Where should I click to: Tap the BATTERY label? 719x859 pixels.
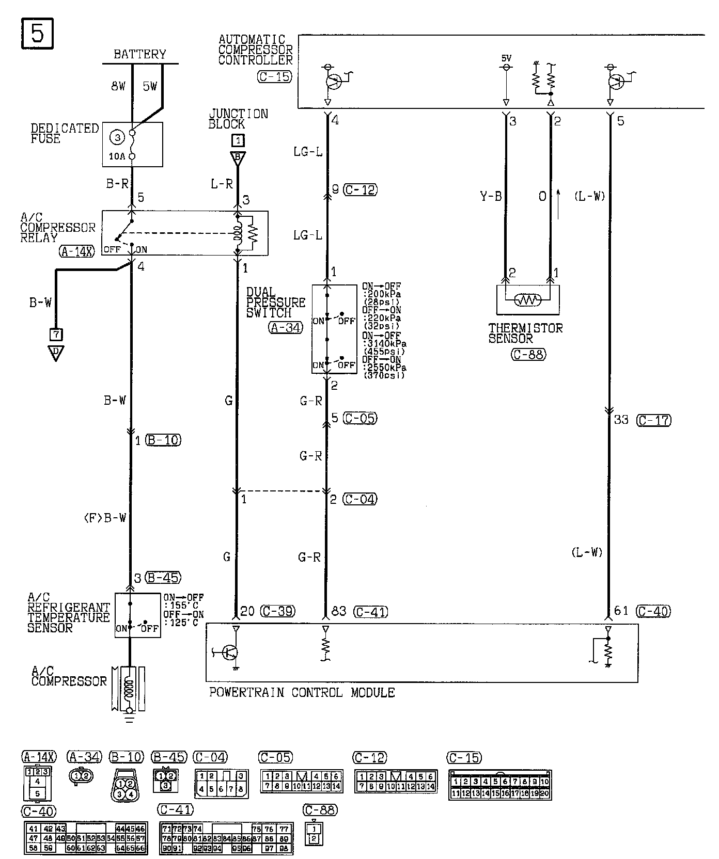(140, 54)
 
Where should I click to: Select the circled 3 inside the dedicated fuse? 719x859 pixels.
(118, 137)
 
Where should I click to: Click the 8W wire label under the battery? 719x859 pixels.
(119, 87)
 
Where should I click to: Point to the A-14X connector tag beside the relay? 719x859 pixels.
(77, 251)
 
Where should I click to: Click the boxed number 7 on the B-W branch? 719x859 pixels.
(56, 335)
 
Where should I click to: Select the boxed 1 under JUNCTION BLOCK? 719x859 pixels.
(238, 140)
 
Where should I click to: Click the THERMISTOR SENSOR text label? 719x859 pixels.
(525, 333)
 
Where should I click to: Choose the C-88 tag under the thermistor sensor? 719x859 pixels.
(528, 355)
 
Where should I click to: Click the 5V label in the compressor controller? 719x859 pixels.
(506, 58)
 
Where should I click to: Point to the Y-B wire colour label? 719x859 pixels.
(491, 197)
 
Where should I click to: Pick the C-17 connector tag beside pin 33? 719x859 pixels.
(653, 420)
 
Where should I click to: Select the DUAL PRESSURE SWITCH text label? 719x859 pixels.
(276, 303)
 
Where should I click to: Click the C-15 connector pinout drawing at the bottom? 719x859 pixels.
(500, 785)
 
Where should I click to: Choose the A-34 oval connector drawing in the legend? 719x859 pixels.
(82, 775)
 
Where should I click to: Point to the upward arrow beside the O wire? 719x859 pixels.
(558, 196)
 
